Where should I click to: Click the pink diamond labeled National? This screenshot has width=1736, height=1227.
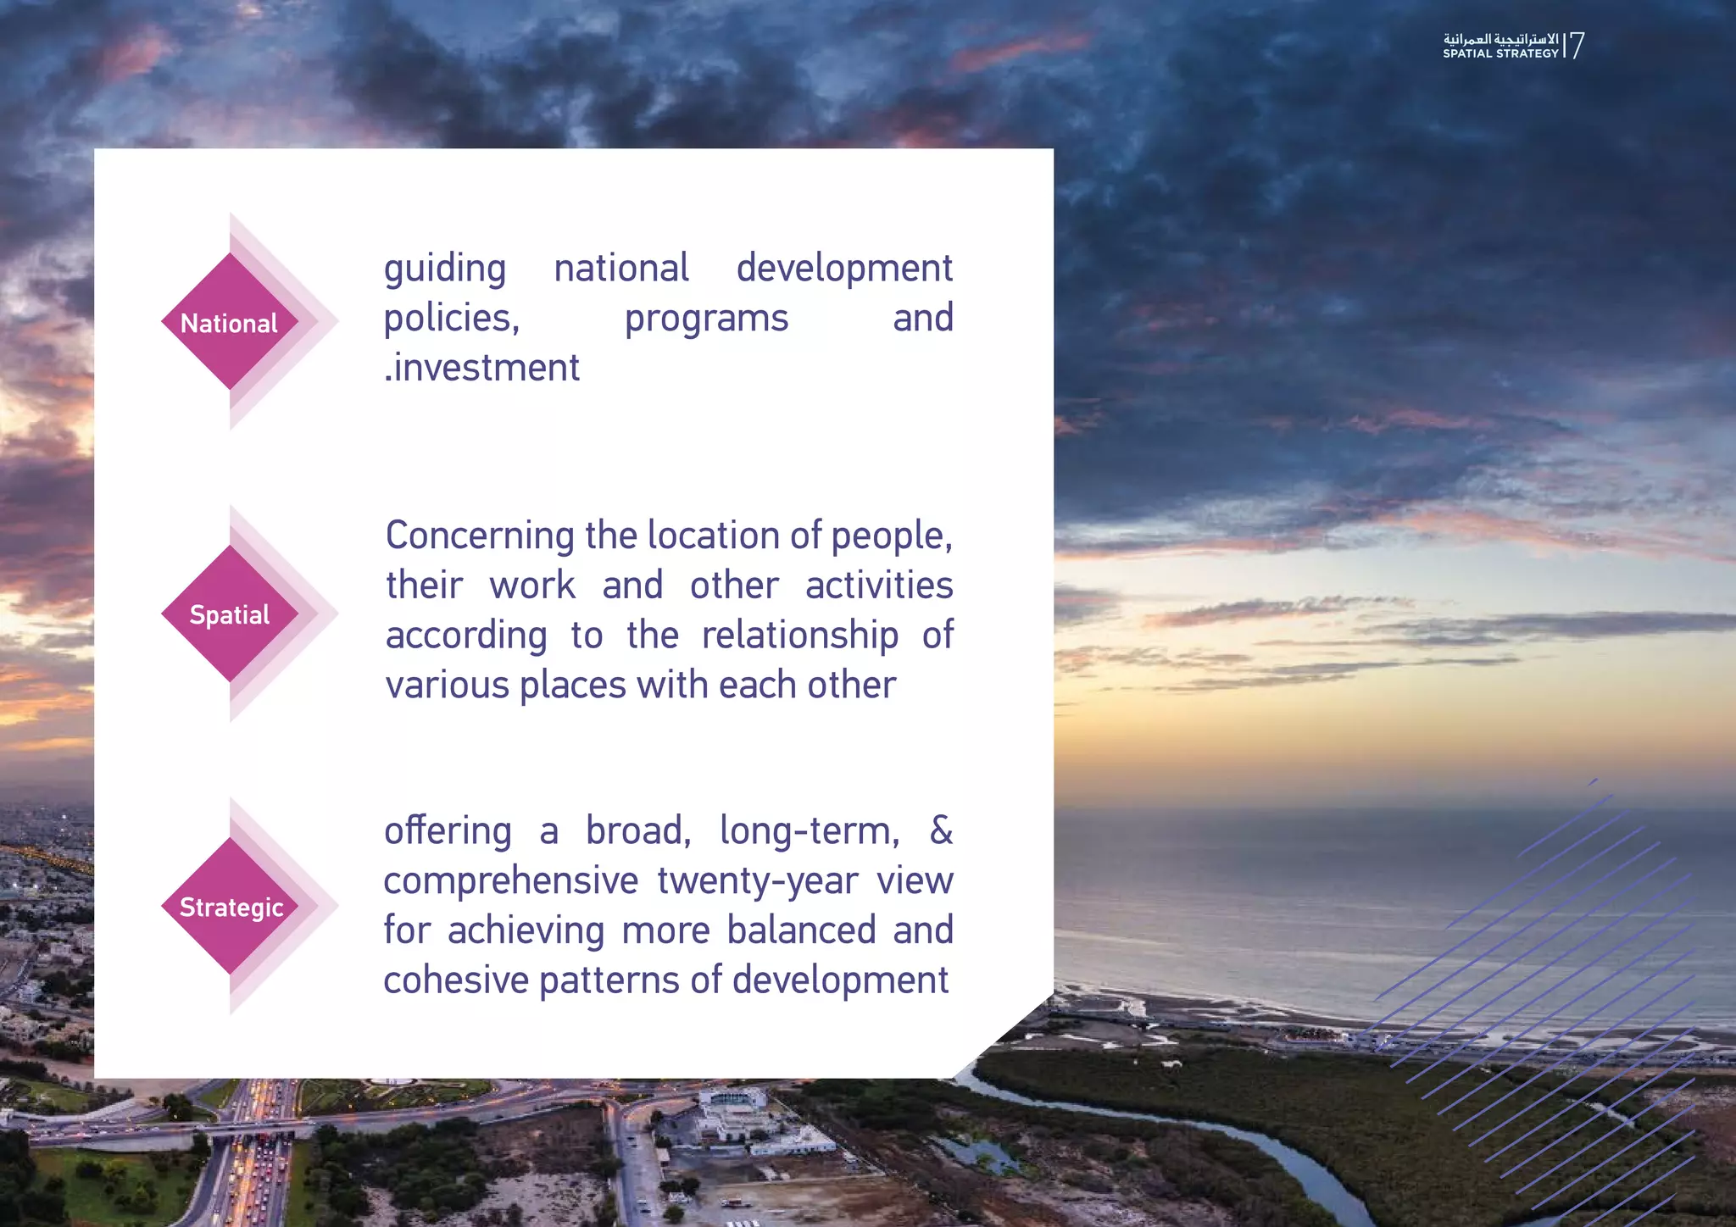pos(230,322)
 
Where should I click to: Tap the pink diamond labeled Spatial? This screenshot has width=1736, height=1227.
pos(230,614)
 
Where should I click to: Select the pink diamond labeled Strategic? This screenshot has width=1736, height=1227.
pos(231,906)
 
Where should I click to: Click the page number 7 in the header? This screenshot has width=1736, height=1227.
pos(1577,45)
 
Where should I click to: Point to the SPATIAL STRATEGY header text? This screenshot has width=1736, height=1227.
pos(1500,53)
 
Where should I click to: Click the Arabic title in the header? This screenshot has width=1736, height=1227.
pos(1500,39)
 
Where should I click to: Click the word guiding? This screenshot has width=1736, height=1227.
pos(445,269)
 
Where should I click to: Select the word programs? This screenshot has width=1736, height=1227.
pos(706,319)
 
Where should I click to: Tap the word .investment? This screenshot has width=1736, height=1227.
pos(481,368)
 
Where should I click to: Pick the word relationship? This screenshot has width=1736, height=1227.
pos(799,636)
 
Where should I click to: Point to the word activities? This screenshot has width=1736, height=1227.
pos(879,586)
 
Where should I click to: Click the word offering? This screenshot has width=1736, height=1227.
pos(448,831)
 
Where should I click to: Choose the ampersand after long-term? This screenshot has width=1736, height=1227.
pos(941,830)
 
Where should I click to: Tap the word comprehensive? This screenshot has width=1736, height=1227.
pos(510,881)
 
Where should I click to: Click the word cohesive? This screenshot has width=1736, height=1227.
pos(456,980)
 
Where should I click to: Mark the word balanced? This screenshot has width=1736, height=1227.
pos(801,930)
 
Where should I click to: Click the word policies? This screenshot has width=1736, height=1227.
pos(451,319)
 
